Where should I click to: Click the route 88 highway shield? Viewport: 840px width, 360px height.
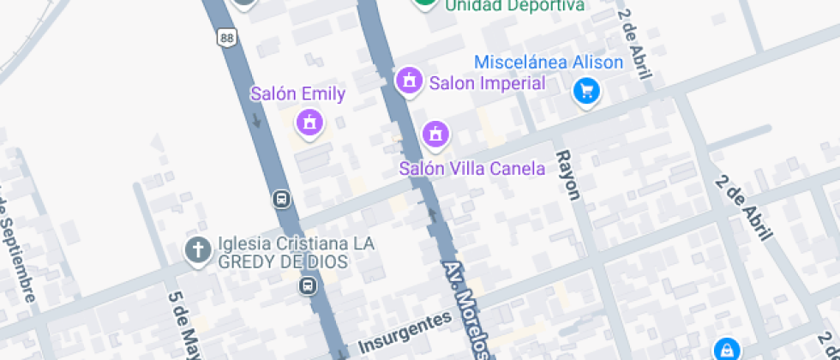click(x=226, y=37)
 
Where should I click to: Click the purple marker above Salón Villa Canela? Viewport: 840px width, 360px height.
click(x=435, y=133)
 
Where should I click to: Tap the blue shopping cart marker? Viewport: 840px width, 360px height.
click(x=587, y=90)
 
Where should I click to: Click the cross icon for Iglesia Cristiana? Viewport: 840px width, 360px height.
click(x=198, y=250)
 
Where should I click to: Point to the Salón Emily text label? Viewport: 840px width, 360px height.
click(x=297, y=94)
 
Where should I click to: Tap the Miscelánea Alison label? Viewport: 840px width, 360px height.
click(x=549, y=63)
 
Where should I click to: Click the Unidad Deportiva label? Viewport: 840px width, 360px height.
click(x=514, y=6)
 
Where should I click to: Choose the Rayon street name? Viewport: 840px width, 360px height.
click(x=568, y=175)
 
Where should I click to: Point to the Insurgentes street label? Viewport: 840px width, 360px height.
click(x=404, y=333)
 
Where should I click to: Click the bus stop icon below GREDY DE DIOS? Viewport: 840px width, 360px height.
click(x=306, y=285)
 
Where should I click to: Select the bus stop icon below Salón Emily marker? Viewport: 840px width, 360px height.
click(x=280, y=200)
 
